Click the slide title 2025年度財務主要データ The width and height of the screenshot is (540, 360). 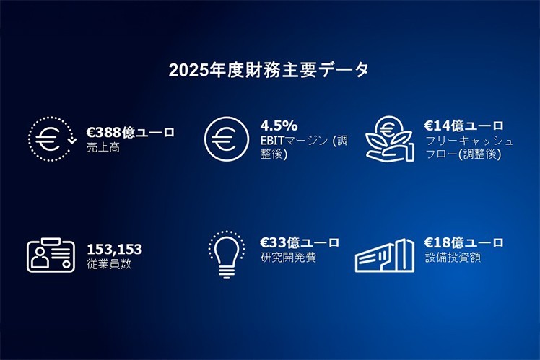tap(269, 70)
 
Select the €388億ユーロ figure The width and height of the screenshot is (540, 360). tap(130, 132)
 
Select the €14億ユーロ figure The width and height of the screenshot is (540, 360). tap(464, 126)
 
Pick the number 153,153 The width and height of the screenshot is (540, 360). tap(114, 250)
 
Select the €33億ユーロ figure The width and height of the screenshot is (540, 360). tap(300, 242)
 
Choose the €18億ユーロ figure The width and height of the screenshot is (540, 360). tap(464, 242)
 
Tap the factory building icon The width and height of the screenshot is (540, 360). tap(384, 256)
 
